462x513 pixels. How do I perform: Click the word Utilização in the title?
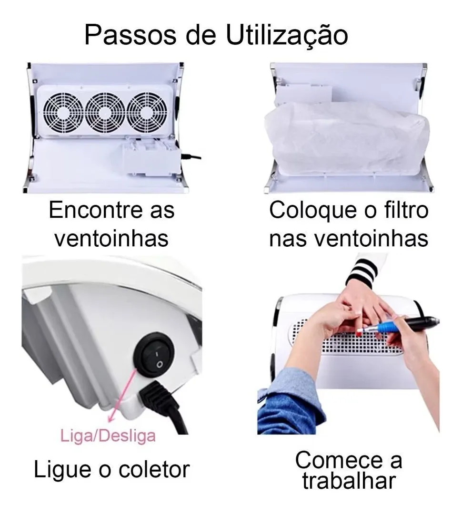[x=287, y=35]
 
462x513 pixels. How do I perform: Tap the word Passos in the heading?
[x=131, y=35]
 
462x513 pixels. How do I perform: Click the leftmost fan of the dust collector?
[x=63, y=112]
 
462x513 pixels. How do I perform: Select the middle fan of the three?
[x=105, y=112]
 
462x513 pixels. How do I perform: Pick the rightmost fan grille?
[x=147, y=112]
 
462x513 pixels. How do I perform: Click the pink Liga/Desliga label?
[x=108, y=436]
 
